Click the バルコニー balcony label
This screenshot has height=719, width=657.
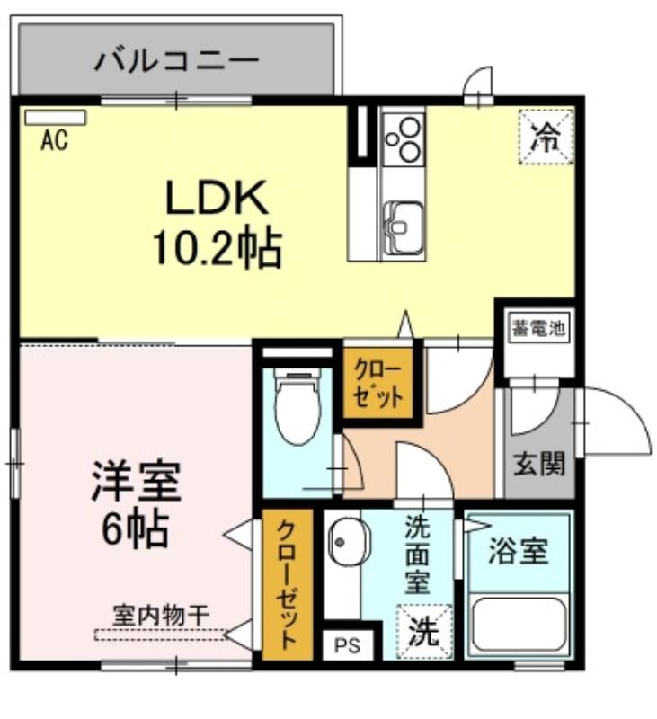(x=176, y=60)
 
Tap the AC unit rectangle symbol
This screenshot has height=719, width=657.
(x=56, y=118)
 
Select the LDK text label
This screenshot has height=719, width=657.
(x=217, y=198)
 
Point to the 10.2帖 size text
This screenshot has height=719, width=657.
(x=217, y=249)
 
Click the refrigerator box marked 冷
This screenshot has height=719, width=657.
(x=546, y=137)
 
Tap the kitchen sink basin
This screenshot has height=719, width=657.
(x=403, y=227)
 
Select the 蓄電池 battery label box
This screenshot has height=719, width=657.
(x=538, y=327)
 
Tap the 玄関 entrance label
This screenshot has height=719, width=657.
(x=538, y=464)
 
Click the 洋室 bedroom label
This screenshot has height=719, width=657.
(x=137, y=482)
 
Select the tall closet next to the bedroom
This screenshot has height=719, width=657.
(x=288, y=584)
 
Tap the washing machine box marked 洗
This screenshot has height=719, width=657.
(x=424, y=632)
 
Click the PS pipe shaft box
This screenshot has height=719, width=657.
(x=348, y=645)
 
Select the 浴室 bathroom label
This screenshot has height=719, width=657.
(x=518, y=551)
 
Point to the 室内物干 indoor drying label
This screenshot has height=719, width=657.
(x=162, y=616)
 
